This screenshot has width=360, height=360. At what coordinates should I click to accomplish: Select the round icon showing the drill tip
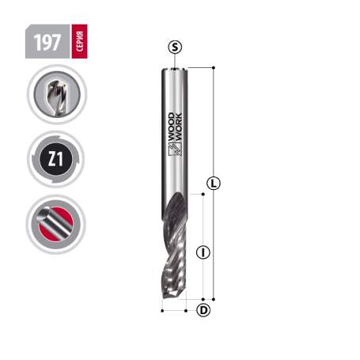pyautogui.click(x=55, y=95)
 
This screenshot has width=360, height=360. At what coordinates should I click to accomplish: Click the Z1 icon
pyautogui.click(x=55, y=159)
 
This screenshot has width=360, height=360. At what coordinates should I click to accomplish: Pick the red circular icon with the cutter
pyautogui.click(x=55, y=224)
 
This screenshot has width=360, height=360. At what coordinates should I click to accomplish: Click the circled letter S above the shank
pyautogui.click(x=175, y=48)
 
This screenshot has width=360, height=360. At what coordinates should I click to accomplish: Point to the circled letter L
pyautogui.click(x=214, y=184)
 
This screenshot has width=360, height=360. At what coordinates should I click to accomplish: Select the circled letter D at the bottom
pyautogui.click(x=203, y=309)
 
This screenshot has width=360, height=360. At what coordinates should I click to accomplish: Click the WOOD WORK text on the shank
pyautogui.click(x=176, y=142)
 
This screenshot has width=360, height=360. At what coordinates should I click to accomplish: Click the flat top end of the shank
pyautogui.click(x=175, y=69)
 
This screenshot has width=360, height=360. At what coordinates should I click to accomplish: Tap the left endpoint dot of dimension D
pyautogui.click(x=162, y=309)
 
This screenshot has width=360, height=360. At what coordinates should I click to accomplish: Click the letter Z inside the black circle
pyautogui.click(x=51, y=159)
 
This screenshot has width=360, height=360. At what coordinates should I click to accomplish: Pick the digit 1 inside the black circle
pyautogui.click(x=61, y=159)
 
